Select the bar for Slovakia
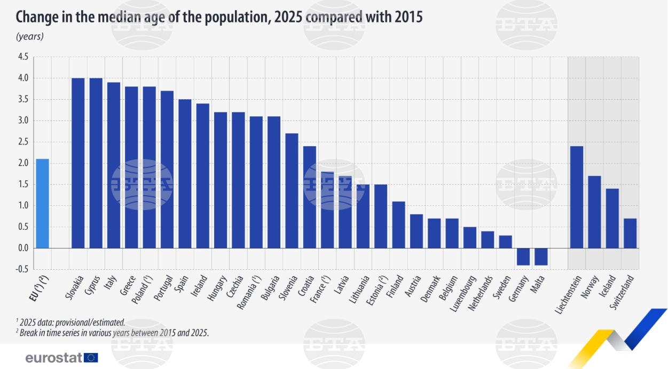pos(78,163)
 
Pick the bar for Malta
pos(541,256)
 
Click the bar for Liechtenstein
pos(577,197)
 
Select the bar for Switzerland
pos(630,233)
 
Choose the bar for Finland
pos(398,224)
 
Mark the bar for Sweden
pos(505,242)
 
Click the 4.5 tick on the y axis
pos(22,57)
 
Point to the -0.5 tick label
pos(21,269)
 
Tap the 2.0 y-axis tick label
pos(22,163)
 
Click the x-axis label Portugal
pos(166,288)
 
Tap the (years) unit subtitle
pos(29,36)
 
